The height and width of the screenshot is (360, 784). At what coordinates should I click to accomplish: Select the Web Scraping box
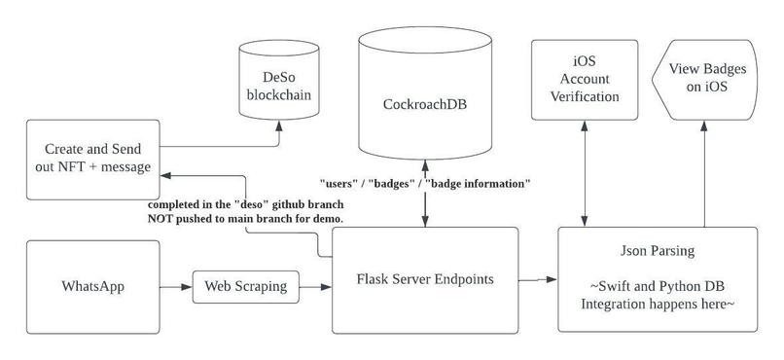pos(244,287)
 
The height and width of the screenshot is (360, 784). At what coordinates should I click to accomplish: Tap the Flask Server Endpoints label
pos(423,279)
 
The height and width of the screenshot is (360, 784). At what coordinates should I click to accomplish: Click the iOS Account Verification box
pos(584,89)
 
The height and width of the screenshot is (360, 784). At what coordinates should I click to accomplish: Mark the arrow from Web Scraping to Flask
pos(311,287)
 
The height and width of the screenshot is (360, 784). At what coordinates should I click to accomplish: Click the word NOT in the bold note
pos(162,222)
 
